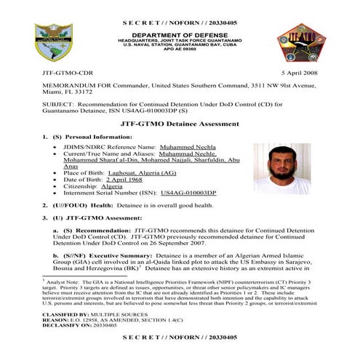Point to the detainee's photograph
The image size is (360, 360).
[x=281, y=167]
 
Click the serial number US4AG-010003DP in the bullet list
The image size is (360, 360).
[x=188, y=193]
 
